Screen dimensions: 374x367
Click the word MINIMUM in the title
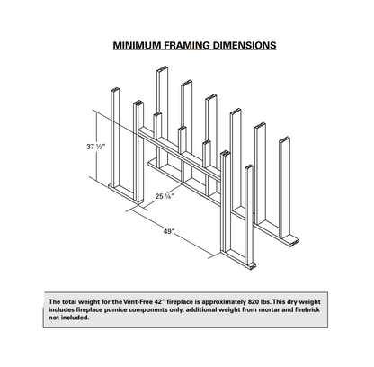(137, 45)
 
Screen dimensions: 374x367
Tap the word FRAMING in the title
(187, 45)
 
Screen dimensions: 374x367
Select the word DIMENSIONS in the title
(245, 45)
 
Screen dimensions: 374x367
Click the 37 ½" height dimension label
(96, 147)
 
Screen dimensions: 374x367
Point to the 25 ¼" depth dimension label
(165, 196)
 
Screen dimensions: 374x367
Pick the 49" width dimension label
(169, 231)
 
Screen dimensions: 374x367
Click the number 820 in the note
(254, 301)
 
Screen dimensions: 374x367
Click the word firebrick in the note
(307, 309)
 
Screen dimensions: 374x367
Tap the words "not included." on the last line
(68, 318)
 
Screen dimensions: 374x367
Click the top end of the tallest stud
(162, 68)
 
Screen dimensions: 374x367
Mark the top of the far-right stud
(284, 139)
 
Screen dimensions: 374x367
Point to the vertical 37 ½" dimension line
(96, 145)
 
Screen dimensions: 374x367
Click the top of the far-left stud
(115, 90)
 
